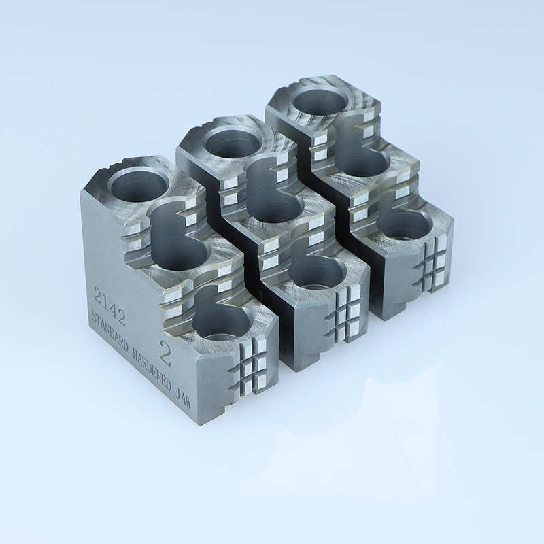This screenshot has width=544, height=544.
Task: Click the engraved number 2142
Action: pyautogui.click(x=109, y=306)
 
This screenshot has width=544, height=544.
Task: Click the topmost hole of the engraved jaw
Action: pyautogui.click(x=139, y=183)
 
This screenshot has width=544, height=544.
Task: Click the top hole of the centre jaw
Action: pyautogui.click(x=233, y=141)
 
